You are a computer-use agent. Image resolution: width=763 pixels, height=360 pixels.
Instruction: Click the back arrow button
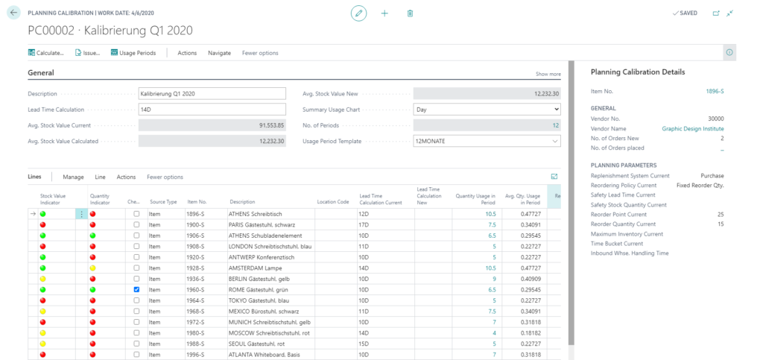[13, 13]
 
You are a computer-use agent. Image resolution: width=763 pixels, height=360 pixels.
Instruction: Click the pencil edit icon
[359, 13]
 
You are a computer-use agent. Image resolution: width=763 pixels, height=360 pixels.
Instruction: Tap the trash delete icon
[410, 13]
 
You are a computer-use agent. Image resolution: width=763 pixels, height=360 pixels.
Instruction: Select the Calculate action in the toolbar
[46, 53]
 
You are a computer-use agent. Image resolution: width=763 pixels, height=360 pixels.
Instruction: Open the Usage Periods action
[133, 53]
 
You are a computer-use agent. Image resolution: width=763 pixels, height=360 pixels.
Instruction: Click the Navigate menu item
[219, 53]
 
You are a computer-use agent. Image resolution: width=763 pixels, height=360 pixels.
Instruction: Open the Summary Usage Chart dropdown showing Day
[486, 109]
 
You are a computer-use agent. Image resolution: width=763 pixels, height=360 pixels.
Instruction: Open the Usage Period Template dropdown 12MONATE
[486, 141]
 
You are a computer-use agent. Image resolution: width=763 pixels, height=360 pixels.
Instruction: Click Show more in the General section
[548, 75]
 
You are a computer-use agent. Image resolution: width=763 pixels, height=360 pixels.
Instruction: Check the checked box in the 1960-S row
[136, 288]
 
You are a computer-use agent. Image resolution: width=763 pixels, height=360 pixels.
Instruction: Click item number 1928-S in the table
[197, 267]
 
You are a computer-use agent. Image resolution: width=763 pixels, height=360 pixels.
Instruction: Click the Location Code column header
[332, 202]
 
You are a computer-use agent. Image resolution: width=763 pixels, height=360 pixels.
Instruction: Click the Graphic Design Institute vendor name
[692, 129]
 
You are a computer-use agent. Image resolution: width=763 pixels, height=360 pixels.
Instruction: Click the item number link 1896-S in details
[715, 91]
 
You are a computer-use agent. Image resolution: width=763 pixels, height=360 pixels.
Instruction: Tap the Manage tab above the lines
[73, 177]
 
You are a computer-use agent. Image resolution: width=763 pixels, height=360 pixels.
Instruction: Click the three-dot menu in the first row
[81, 214]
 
